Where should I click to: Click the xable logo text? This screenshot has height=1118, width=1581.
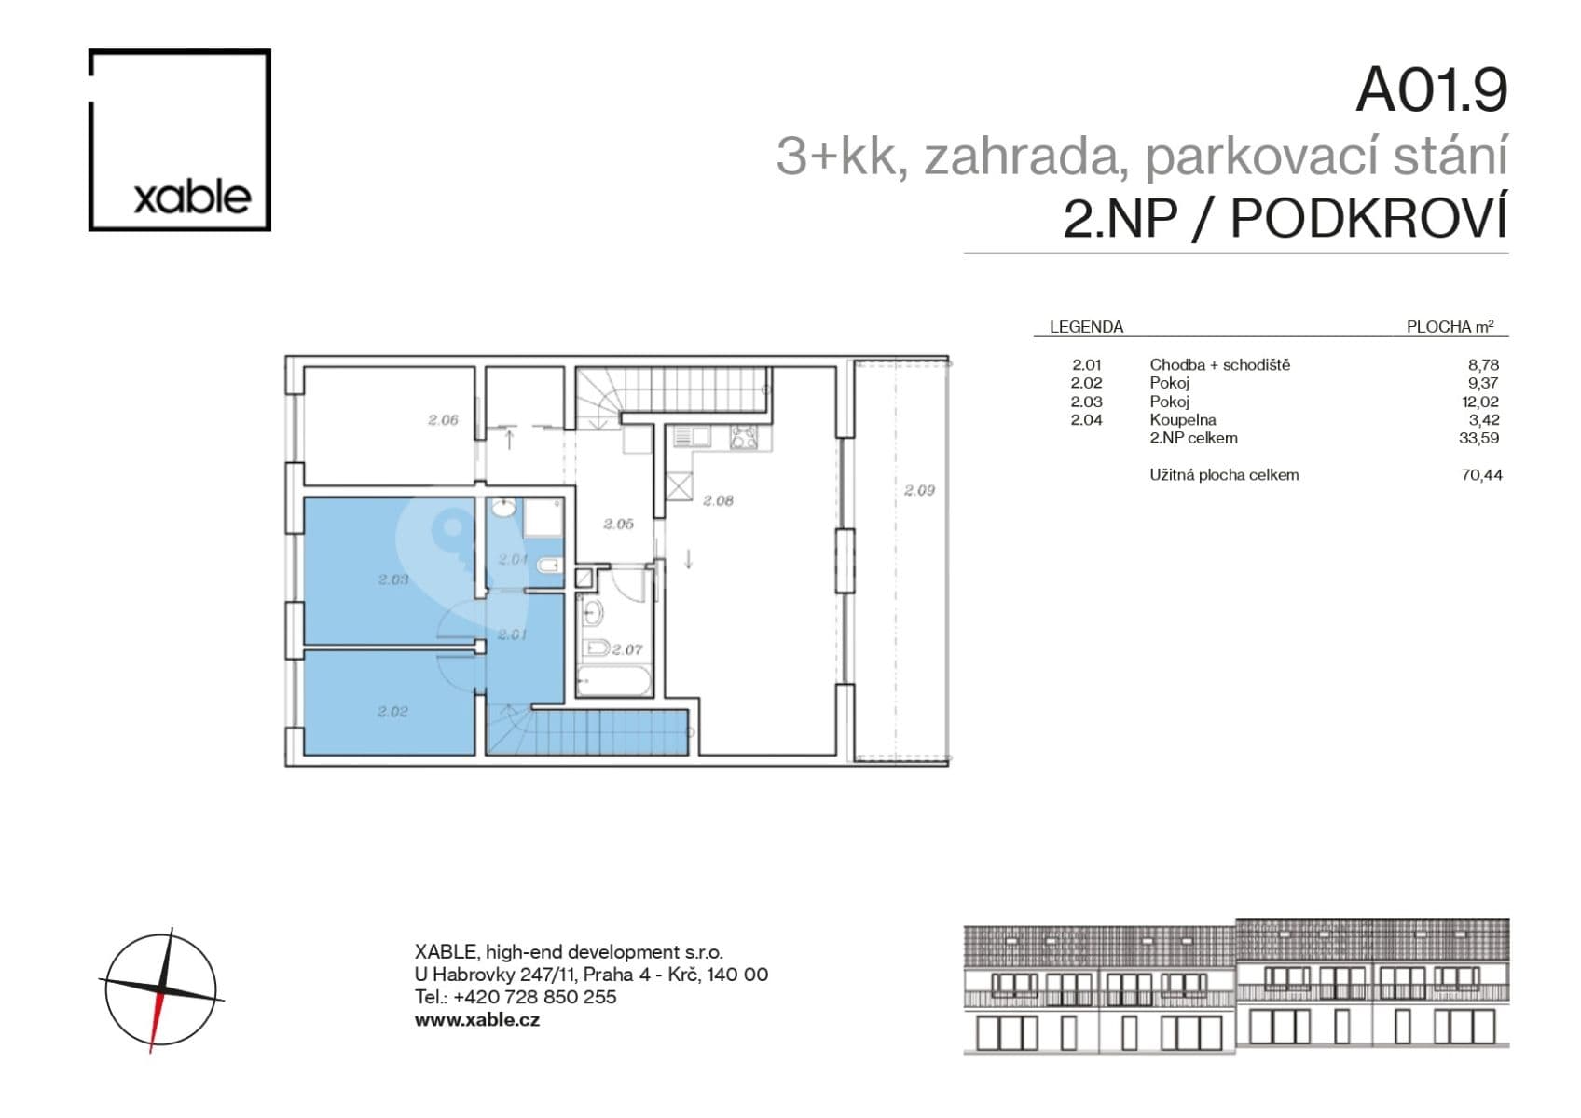click(x=192, y=198)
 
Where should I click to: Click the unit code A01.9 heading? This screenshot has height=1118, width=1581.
click(x=1431, y=90)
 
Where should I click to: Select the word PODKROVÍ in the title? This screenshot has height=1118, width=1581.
click(x=1368, y=220)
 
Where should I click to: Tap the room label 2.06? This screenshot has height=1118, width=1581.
click(x=443, y=420)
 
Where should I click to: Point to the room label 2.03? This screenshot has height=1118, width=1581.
click(x=393, y=579)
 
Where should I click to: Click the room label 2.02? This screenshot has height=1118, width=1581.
click(x=392, y=712)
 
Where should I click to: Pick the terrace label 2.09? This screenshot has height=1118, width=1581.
click(x=918, y=490)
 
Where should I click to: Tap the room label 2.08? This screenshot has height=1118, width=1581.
click(x=718, y=500)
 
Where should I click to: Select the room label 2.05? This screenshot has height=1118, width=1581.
click(x=618, y=525)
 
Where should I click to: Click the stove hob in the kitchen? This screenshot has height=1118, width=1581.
click(x=743, y=437)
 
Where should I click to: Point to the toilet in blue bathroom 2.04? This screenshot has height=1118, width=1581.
click(x=549, y=564)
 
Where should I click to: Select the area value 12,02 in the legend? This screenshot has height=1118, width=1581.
click(x=1479, y=402)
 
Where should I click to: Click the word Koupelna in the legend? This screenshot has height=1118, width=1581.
click(x=1182, y=420)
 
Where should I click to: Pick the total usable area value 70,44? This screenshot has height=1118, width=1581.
click(x=1481, y=475)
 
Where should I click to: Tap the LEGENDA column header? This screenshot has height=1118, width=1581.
click(x=1086, y=327)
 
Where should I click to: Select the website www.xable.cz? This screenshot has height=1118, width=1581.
click(x=476, y=1019)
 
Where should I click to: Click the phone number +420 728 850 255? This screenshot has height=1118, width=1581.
click(x=534, y=997)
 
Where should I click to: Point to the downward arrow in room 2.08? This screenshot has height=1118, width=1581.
click(x=688, y=559)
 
